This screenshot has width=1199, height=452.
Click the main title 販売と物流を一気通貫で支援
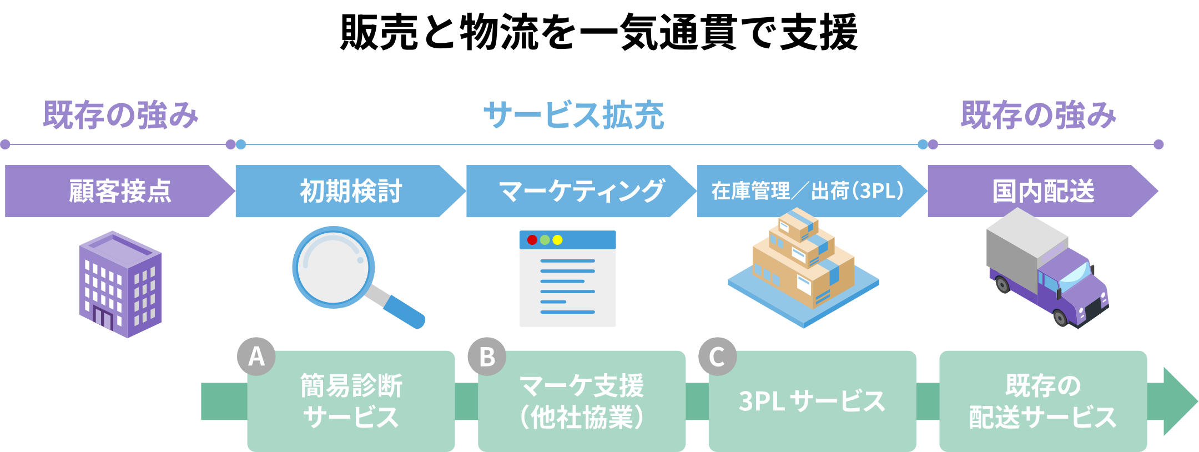click(599, 32)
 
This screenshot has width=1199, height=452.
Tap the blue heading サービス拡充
click(574, 115)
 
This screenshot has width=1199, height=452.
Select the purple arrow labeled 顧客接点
click(120, 191)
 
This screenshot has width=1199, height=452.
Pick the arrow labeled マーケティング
click(581, 191)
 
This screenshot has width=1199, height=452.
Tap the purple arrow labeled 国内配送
click(1043, 191)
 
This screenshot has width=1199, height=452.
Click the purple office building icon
click(120, 284)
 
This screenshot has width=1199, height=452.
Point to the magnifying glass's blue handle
click(404, 312)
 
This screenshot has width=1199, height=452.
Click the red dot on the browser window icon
click(532, 240)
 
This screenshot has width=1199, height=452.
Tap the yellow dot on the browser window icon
click(557, 240)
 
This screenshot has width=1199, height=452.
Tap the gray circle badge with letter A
click(256, 356)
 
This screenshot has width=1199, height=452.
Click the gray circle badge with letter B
click(487, 356)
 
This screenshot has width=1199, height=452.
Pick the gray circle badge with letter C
click(718, 356)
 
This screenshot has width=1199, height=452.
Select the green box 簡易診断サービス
click(351, 401)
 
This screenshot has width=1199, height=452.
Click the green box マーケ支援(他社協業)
click(582, 401)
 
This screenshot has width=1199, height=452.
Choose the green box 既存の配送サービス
click(1043, 401)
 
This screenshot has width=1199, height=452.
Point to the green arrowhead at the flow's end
click(1178, 401)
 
